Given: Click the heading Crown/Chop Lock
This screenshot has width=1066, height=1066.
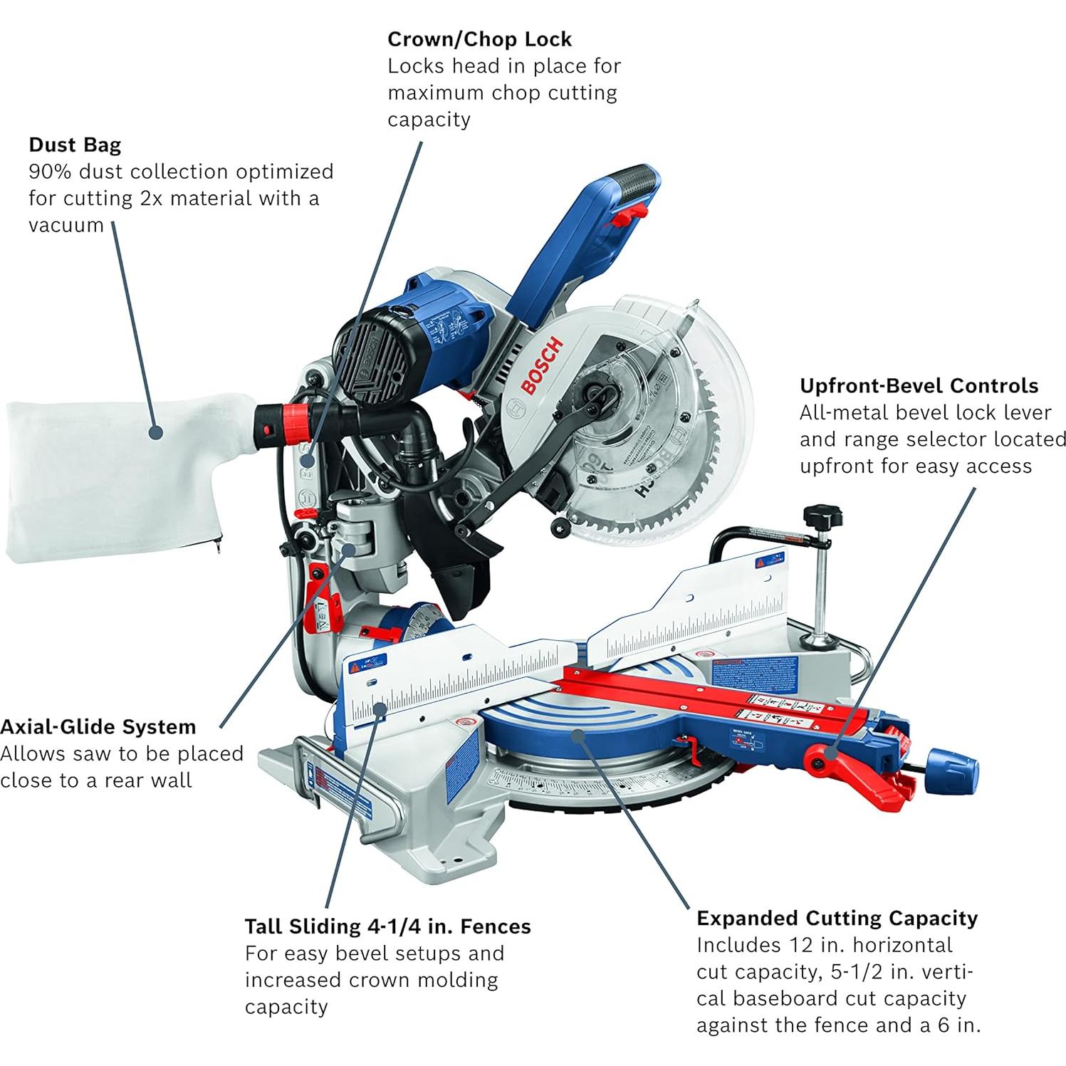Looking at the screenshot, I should pos(479,38).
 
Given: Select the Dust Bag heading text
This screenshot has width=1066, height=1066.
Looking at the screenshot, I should pos(75,145).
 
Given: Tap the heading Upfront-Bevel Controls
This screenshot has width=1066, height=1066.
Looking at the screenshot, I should pos(919,385).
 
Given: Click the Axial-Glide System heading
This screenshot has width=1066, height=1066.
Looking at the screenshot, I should pos(98,726).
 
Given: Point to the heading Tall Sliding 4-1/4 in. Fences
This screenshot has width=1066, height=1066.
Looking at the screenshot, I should pos(387,926).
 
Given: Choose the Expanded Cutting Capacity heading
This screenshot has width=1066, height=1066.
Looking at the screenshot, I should pos(837,918).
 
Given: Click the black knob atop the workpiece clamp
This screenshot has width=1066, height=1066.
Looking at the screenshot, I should pos(823,514).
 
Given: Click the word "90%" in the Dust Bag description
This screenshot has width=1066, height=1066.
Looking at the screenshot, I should pos(49,172).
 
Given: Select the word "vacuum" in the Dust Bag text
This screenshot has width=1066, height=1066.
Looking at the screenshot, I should pos(66,225).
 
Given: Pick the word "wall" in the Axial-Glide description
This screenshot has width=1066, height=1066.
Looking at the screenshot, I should pos(175,780).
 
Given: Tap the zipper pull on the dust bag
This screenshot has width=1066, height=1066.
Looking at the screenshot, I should pos(216,545).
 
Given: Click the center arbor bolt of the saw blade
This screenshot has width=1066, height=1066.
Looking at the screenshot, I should pos(595,391).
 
